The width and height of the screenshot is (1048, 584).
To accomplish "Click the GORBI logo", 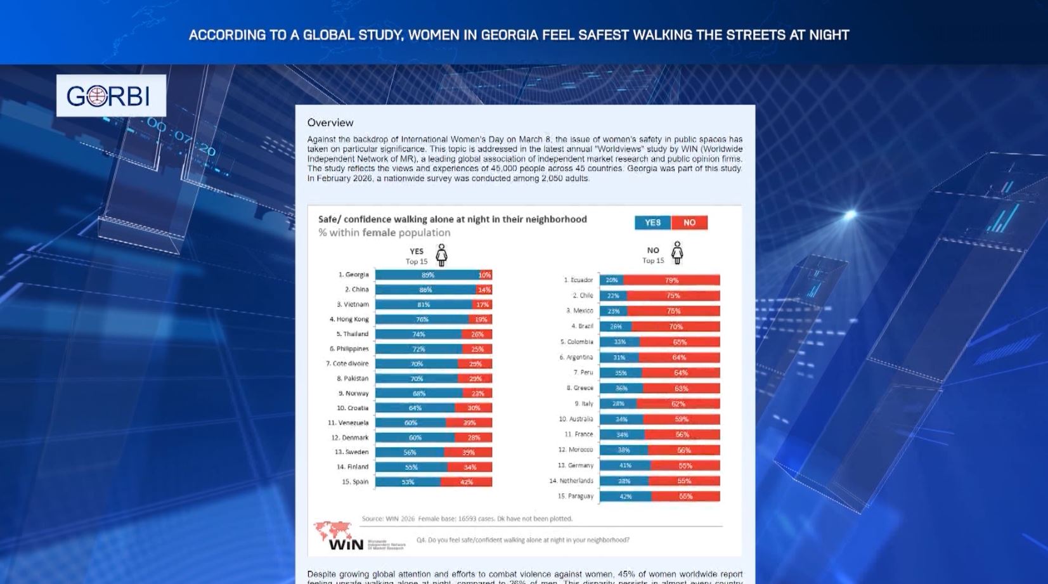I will pos(111,96).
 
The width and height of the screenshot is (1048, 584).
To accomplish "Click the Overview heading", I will pos(330,122).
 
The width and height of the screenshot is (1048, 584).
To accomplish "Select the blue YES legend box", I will pos(652,223).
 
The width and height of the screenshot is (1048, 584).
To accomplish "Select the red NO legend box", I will pos(689,223).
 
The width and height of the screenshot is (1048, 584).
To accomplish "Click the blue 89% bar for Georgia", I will pos(427,275).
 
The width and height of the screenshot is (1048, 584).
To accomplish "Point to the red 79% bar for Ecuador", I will pos(671,280).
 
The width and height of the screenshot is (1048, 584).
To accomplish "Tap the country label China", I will pos(356,290).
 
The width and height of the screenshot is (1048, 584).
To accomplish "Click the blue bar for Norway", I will pos(418,393).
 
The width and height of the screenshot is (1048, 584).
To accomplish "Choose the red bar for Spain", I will pos(467,482).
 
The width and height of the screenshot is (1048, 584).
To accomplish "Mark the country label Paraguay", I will pos(576,496).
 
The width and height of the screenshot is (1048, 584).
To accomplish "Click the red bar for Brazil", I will pos(676,327).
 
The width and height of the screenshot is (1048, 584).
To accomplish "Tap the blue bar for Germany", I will pos(624,465).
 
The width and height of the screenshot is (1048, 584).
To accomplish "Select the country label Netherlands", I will pos(571,481).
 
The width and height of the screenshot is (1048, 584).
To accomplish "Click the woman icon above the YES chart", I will pos(441,255).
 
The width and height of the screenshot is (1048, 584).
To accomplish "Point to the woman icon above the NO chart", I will pos(677,252).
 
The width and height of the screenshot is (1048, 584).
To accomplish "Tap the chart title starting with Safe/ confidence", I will pos(452,219).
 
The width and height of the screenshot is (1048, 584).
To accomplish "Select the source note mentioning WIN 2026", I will pos(467,519).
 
